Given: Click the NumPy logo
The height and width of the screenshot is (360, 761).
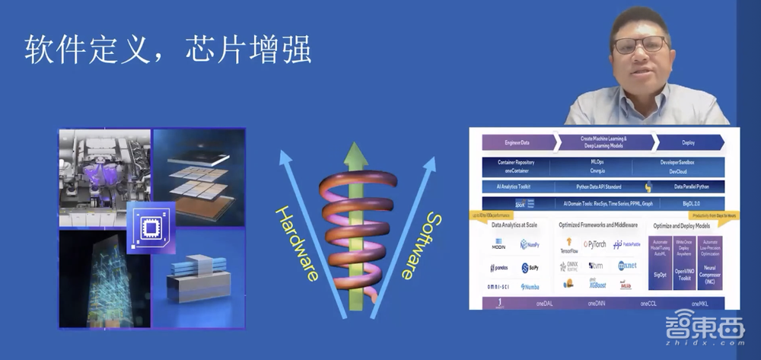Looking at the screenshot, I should click(530, 244).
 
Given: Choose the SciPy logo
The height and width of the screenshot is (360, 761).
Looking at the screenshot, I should click(530, 267).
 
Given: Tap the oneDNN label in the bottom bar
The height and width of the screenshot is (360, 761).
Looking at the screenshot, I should click(596, 303).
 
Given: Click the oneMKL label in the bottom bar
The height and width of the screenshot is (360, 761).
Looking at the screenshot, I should click(699, 303).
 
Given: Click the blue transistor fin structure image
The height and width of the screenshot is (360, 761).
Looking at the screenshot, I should click(199, 279).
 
